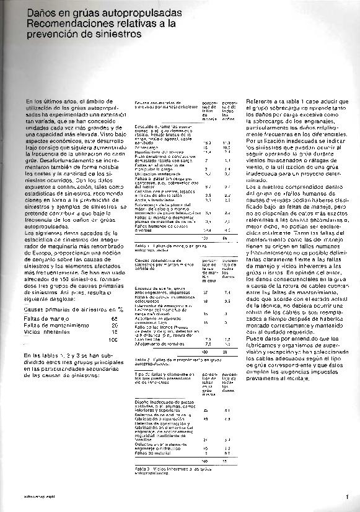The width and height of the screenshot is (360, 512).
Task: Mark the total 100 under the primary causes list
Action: [112, 339]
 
